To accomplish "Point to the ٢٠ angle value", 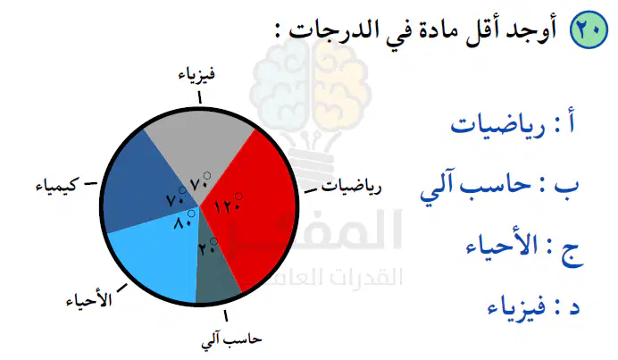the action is (208, 247).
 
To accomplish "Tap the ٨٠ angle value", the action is (184, 220).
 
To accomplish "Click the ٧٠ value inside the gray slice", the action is (200, 181).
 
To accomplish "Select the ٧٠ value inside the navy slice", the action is (176, 197).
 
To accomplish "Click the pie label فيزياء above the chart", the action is (196, 74).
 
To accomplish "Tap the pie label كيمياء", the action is (57, 185).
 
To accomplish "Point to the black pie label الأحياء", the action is (89, 299).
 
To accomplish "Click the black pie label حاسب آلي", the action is (231, 340).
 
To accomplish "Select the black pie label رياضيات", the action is (352, 187).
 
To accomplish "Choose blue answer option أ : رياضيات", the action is (513, 125).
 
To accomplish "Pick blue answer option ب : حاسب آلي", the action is (499, 188).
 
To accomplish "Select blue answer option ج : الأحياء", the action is (524, 248).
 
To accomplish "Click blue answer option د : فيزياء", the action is (534, 306).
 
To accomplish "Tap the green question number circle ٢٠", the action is (589, 29).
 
